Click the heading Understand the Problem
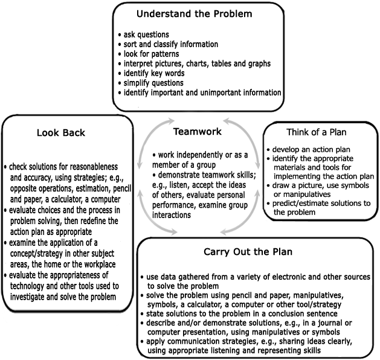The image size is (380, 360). click(x=195, y=14)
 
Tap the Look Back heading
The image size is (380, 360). click(x=61, y=133)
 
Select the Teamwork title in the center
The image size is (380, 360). click(x=198, y=132)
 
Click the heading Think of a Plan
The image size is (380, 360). click(x=316, y=132)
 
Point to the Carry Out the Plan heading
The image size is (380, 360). click(x=248, y=252)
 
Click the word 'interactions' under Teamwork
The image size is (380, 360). click(x=172, y=215)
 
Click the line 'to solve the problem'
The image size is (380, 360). click(x=183, y=286)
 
